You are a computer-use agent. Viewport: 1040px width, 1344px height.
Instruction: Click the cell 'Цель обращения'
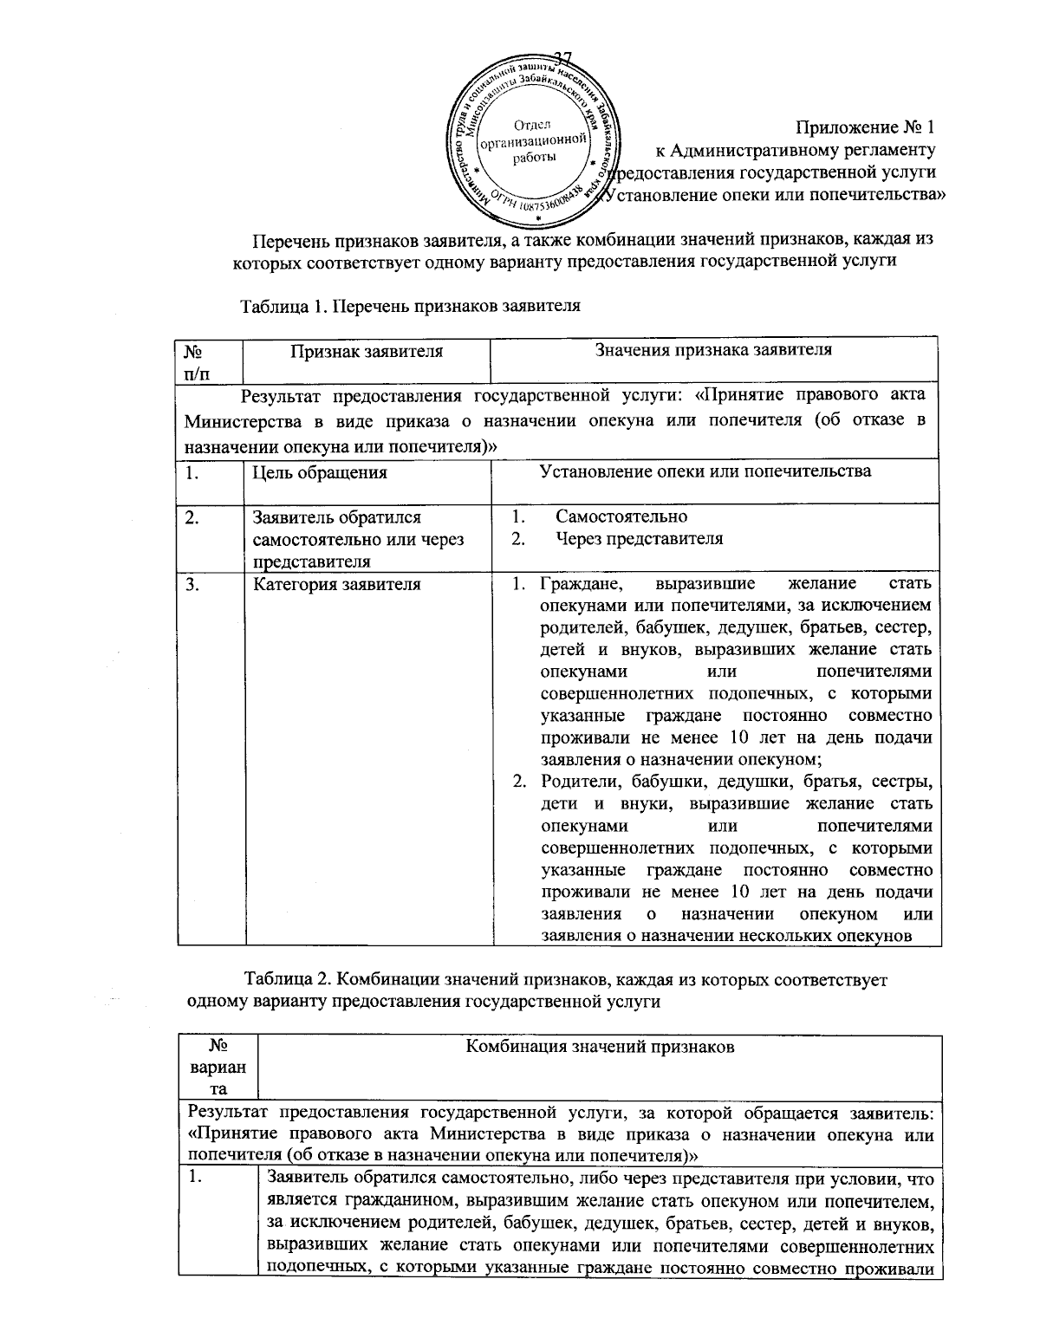point(319,473)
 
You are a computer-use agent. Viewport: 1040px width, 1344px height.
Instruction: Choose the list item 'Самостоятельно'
point(621,517)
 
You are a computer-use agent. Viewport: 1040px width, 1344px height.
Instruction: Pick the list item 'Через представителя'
point(639,539)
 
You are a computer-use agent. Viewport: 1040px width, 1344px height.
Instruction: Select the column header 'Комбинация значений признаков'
point(600,1047)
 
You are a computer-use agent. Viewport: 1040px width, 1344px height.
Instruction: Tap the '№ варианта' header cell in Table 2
point(218,1067)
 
